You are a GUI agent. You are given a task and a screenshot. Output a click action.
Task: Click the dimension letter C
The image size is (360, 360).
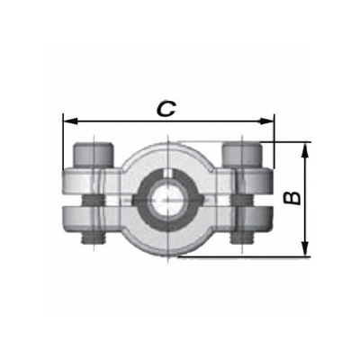pos(166,108)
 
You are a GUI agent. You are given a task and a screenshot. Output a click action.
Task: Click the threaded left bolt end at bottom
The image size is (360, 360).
pos(92,236)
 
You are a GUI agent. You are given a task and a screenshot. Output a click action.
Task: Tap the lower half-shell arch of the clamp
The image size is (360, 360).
pos(168,243)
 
